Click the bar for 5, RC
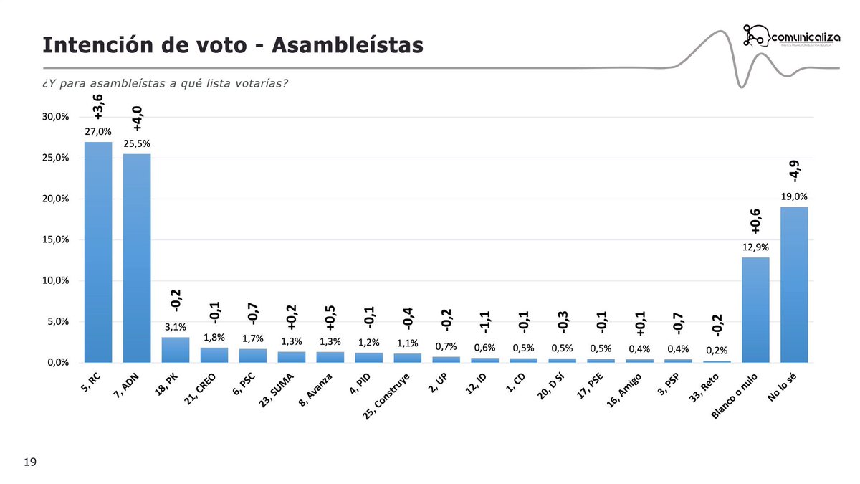click(98, 251)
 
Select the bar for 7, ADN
click(137, 258)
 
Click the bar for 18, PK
click(176, 350)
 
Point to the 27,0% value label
click(98, 132)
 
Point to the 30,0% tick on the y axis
click(54, 117)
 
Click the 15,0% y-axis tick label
click(54, 239)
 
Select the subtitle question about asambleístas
click(165, 84)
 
